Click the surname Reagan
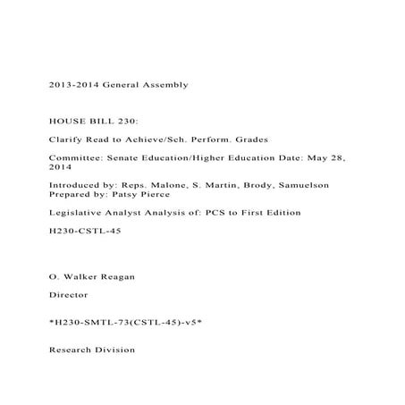[117, 276]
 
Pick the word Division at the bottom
[114, 350]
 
